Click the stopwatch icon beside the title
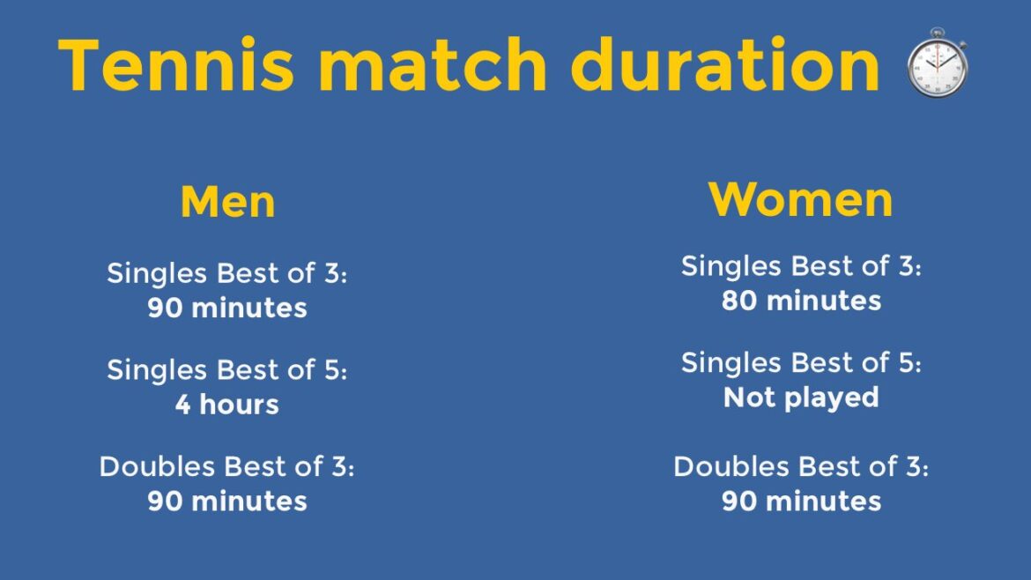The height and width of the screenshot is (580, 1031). click(x=937, y=63)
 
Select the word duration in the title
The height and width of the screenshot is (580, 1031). click(x=724, y=64)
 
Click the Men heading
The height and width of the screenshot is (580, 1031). click(x=227, y=202)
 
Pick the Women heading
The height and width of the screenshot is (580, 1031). click(x=800, y=199)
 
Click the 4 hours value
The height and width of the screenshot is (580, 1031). click(x=226, y=405)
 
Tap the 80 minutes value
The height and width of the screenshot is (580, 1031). click(x=801, y=301)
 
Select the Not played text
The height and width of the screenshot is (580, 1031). click(x=801, y=397)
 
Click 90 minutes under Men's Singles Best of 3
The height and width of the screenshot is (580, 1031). click(x=226, y=308)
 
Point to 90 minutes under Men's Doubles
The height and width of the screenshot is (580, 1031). click(x=226, y=501)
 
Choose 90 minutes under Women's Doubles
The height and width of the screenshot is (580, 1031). click(x=801, y=501)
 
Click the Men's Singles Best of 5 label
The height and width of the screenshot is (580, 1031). click(x=226, y=370)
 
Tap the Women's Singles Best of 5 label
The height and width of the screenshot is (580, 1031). click(x=801, y=362)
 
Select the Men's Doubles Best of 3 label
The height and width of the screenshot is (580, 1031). click(x=226, y=466)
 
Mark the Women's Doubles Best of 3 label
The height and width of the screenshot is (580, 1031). click(x=801, y=466)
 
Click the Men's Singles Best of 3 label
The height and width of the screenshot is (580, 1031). click(x=226, y=273)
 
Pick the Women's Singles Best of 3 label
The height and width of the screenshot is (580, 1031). click(x=801, y=266)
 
